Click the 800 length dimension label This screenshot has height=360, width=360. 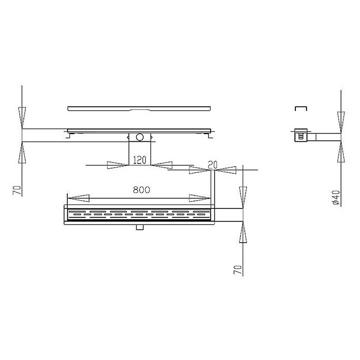pos(141,190)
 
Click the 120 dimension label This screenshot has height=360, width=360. pos(140,160)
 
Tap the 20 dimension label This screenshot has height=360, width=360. pos(213,164)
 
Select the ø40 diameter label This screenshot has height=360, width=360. pos(336,198)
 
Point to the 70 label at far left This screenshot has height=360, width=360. pos(18,190)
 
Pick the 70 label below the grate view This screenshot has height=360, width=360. pos(238,270)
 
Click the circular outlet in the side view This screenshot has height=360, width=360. pos(139,137)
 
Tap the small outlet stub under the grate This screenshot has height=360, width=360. pos(139,227)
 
